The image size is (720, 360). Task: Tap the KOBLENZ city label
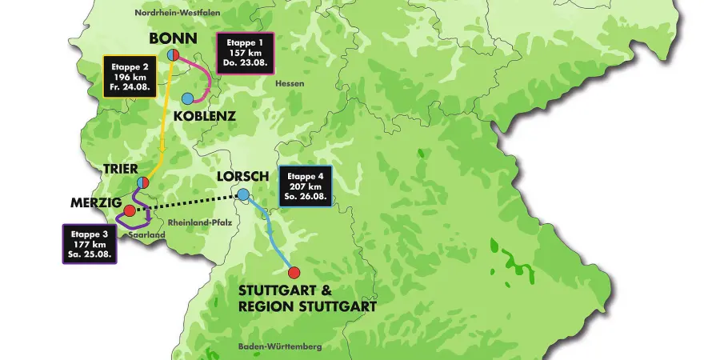click(205, 116)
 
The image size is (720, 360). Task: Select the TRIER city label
click(121, 170)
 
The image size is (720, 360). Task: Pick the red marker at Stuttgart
click(294, 272)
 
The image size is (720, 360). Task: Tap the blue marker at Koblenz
click(187, 98)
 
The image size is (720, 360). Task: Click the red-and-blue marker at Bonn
click(173, 55)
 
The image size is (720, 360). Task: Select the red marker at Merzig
click(130, 210)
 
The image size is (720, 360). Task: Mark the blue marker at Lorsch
click(242, 194)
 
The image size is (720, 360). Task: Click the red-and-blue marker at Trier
click(142, 182)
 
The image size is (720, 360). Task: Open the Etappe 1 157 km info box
click(246, 54)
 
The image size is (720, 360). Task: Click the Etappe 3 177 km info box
click(90, 244)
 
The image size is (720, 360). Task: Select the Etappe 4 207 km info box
click(305, 187)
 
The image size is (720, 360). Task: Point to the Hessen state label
click(286, 84)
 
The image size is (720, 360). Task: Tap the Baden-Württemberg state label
click(279, 346)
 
